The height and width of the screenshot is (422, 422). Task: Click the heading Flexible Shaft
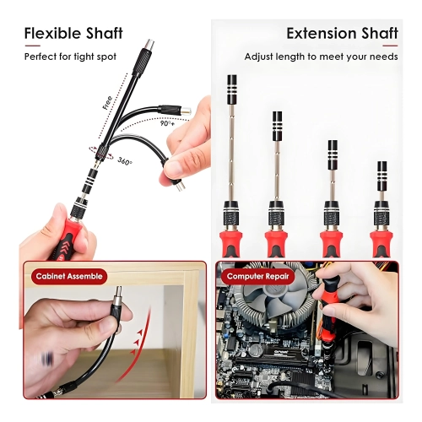[x=73, y=34]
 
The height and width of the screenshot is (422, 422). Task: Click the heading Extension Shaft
[x=342, y=34]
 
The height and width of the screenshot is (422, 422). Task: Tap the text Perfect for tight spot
[x=70, y=57]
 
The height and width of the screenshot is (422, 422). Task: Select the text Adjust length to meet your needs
[x=321, y=57]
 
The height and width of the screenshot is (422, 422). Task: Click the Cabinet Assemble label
[x=68, y=276]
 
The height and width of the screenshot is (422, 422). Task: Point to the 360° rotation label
[x=125, y=160]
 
